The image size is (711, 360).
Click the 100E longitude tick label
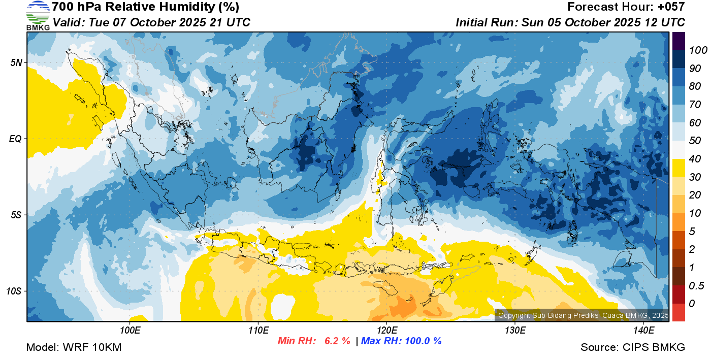(x=130, y=331)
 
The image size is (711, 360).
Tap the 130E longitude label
(x=515, y=331)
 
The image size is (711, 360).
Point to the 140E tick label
(x=643, y=331)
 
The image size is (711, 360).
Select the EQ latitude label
(x=15, y=139)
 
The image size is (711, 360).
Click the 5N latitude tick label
(x=16, y=62)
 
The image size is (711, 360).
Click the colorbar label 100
(x=698, y=50)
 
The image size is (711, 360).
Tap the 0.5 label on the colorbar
(x=696, y=286)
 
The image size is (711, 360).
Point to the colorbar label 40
(x=695, y=159)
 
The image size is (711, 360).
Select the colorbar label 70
(x=695, y=105)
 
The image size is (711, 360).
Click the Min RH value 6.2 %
(x=337, y=341)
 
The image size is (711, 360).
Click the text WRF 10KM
(x=92, y=347)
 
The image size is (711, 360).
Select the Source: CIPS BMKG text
(x=633, y=347)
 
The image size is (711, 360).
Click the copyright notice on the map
(x=583, y=315)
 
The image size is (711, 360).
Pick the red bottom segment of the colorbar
(x=678, y=312)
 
